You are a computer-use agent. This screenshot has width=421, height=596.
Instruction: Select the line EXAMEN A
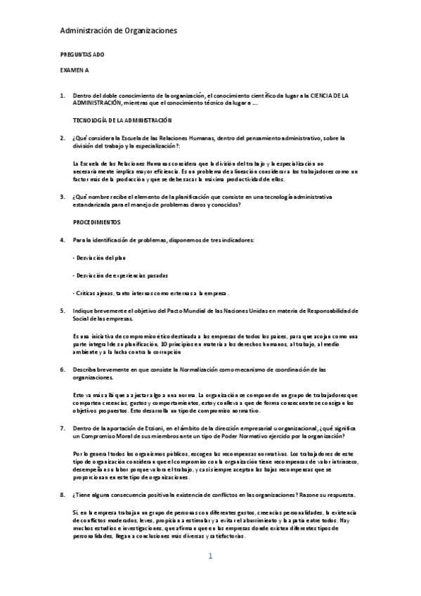[x=75, y=71]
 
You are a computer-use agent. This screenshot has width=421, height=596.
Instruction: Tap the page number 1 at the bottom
[x=210, y=557]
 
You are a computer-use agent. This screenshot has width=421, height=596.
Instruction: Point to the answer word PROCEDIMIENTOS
[x=97, y=222]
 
